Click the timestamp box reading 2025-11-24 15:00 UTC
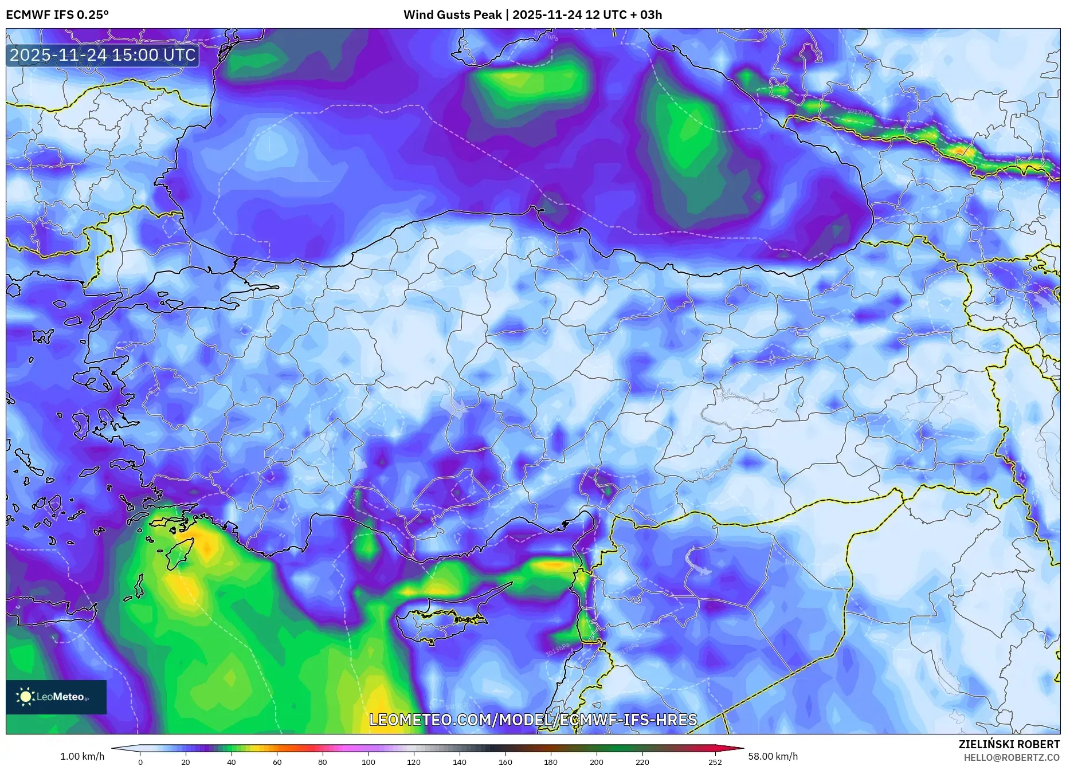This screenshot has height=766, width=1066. click(x=103, y=55)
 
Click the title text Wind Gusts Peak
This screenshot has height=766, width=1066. click(x=453, y=15)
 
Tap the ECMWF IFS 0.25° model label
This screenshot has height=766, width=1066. click(x=57, y=15)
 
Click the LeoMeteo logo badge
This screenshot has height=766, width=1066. click(x=56, y=697)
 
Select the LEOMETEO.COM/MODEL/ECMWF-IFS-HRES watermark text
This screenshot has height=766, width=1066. click(x=533, y=720)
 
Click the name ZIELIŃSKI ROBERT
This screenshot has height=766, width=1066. click(x=1009, y=744)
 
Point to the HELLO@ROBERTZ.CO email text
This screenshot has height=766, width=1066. click(x=1011, y=757)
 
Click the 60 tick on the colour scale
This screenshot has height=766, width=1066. click(x=277, y=761)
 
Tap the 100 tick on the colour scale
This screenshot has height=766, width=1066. click(x=369, y=761)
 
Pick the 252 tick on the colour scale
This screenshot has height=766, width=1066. click(x=715, y=761)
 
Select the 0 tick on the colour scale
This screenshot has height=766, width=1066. click(x=140, y=761)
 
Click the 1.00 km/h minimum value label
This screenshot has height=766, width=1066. click(x=83, y=756)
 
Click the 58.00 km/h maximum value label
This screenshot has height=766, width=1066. click(x=773, y=756)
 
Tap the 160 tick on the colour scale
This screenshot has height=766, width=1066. click(x=505, y=761)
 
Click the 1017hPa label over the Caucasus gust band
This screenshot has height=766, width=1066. click(x=859, y=112)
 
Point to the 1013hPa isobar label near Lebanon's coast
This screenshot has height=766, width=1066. click(x=558, y=650)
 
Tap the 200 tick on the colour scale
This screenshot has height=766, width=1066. click(x=597, y=761)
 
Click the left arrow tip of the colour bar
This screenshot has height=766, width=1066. click(x=113, y=748)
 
